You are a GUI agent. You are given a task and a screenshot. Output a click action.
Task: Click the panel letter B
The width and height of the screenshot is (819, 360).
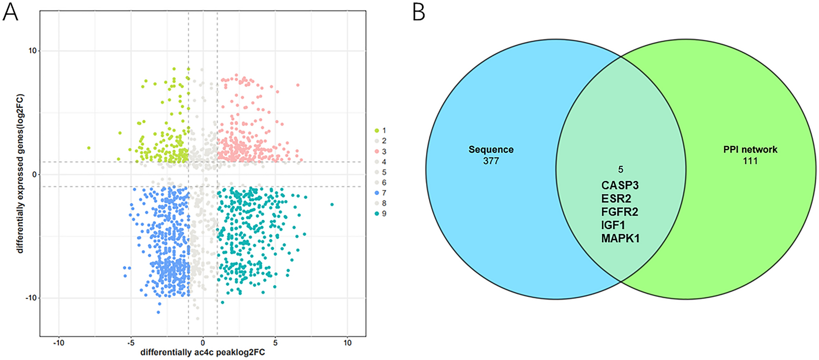point(419,12)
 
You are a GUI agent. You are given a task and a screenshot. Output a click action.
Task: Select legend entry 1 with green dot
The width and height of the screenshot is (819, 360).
point(380,131)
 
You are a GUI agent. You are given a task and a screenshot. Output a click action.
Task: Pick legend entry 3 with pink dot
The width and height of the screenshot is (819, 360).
point(380,151)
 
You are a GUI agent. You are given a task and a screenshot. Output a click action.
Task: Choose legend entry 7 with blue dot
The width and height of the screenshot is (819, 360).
point(380,193)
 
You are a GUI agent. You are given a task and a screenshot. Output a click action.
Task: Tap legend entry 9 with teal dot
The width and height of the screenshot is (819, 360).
point(380,213)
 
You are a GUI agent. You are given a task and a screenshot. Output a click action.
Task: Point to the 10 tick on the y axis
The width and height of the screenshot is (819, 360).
point(32,51)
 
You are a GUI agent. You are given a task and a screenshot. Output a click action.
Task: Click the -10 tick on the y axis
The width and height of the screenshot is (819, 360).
point(31,298)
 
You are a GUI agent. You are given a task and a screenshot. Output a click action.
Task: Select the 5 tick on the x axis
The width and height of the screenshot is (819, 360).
point(275,343)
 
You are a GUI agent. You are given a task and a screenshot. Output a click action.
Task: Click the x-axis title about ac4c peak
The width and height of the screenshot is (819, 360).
point(202,352)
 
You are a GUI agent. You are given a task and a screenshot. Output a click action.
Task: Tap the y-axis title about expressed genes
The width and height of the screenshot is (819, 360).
point(20,173)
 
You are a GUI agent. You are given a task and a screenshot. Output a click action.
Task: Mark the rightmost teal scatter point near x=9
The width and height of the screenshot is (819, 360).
point(332,204)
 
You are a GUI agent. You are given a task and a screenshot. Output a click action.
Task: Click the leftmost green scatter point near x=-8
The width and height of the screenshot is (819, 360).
point(89,148)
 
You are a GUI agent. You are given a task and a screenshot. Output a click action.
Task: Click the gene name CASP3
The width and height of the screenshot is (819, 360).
point(619,185)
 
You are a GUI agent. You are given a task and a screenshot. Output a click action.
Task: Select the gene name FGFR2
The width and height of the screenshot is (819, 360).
point(619,212)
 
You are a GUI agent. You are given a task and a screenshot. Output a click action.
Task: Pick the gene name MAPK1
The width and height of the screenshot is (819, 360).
point(620,238)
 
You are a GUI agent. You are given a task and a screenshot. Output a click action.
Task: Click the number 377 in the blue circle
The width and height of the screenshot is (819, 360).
point(491,161)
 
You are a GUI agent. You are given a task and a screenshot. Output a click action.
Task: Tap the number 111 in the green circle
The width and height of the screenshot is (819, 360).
point(750,161)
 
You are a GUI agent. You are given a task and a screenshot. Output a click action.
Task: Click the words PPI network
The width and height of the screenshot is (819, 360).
point(750,150)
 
